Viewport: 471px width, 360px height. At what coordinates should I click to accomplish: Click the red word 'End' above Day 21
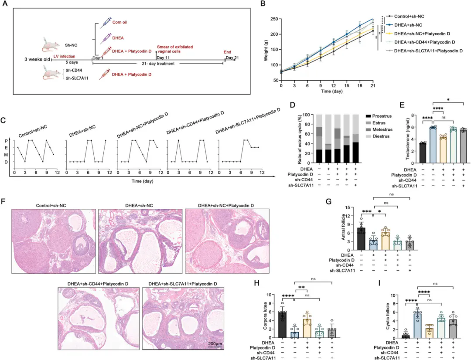[x=228, y=51]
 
